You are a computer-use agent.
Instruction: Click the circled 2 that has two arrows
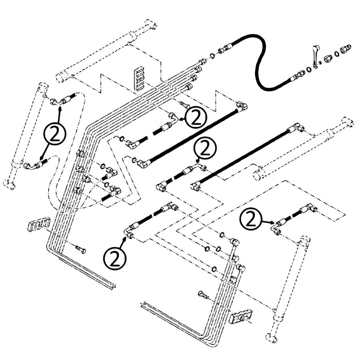[x=56, y=134]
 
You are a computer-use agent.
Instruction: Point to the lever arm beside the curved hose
[x=313, y=56]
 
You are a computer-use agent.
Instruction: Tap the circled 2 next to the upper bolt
[x=196, y=118]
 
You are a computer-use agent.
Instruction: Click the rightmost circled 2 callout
[x=251, y=220]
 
